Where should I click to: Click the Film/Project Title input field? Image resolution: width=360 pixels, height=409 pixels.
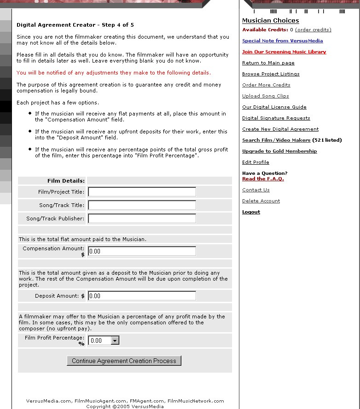(x=142, y=192)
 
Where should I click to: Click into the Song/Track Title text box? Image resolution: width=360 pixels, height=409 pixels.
(x=142, y=205)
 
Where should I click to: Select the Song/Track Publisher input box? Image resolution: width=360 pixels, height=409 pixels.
(x=142, y=219)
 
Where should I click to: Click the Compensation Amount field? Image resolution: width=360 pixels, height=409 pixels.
(x=142, y=251)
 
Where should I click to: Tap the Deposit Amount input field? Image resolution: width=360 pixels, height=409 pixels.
(x=142, y=296)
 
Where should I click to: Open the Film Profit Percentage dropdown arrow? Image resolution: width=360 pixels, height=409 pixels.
(x=115, y=340)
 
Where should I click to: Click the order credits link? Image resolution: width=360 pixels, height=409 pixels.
(x=313, y=30)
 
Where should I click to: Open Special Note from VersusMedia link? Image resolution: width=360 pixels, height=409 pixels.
(x=282, y=41)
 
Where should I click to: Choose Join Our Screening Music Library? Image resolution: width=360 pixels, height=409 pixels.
(x=284, y=52)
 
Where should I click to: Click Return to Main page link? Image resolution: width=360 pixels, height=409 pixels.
(x=268, y=63)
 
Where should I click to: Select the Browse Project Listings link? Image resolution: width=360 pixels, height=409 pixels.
(x=271, y=74)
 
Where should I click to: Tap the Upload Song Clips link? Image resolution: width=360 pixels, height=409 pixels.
(x=265, y=96)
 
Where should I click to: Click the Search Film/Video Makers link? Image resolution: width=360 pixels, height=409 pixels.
(x=276, y=140)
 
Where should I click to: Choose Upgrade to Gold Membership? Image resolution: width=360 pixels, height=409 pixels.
(x=279, y=151)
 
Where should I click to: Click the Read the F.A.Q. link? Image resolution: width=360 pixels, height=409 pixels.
(x=263, y=179)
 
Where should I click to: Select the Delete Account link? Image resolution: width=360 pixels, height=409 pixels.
(x=261, y=201)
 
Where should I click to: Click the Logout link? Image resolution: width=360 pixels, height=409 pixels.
(x=251, y=212)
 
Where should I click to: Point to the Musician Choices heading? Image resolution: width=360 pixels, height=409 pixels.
(x=270, y=21)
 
